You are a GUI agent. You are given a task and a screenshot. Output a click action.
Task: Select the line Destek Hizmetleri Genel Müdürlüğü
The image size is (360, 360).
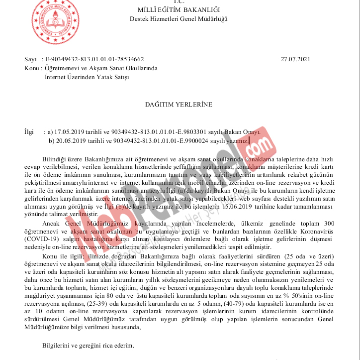coord(179,19)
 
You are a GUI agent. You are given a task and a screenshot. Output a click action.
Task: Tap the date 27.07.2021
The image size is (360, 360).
coord(295,59)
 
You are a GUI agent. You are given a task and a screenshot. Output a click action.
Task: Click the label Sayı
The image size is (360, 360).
coord(31,59)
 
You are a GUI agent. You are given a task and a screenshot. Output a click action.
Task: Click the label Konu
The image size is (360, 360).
coord(32,68)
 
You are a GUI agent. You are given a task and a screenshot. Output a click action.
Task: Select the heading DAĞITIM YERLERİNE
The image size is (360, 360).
coord(179,105)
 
